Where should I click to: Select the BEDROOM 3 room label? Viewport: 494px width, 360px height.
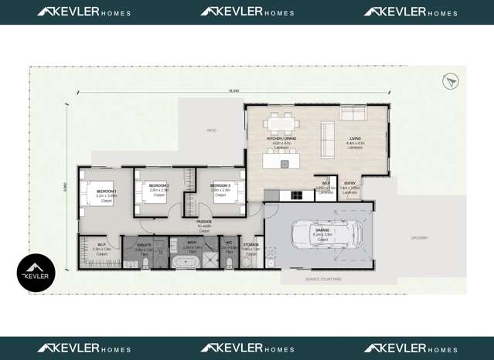pos(221,186)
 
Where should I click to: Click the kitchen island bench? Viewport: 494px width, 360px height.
pos(284,162)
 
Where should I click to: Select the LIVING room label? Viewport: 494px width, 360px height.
pos(355,139)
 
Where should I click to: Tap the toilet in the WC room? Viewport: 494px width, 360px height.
pos(229,263)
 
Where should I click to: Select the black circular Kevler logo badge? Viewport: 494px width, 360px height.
pos(36,273)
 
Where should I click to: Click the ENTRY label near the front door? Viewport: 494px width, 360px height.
pos(349,183)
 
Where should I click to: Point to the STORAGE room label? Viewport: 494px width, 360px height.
pos(251,244)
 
